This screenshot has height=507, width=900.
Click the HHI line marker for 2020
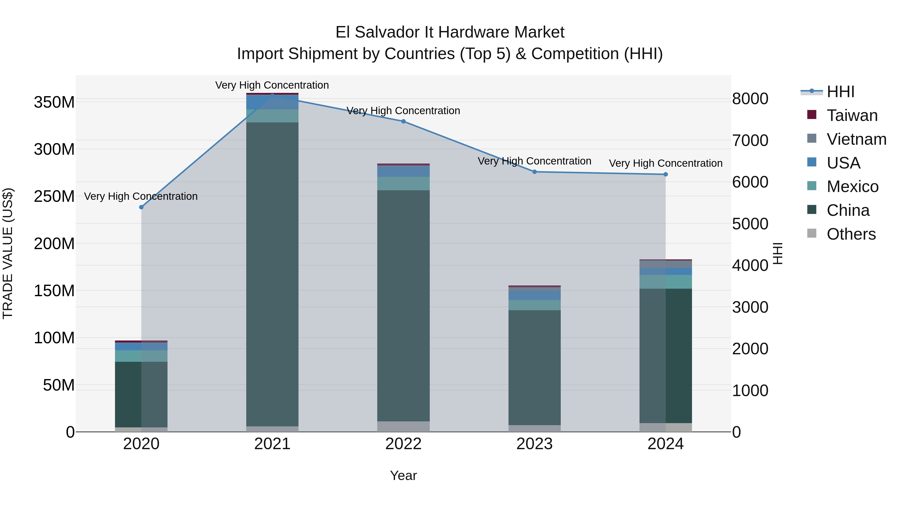coord(141,207)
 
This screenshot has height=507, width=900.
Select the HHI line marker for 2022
coord(403,121)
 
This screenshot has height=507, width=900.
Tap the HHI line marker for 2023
coord(534,172)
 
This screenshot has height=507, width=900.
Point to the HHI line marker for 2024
coord(665,174)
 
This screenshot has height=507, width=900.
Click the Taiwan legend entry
coord(852,115)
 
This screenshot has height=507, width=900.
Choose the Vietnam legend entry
coord(856,139)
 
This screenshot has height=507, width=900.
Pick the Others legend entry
coord(851,234)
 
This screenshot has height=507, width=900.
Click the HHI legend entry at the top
coord(840,92)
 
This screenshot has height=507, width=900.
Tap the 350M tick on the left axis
coord(54,102)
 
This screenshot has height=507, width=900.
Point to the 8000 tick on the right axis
coord(750,99)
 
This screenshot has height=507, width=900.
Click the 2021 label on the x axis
coord(272,444)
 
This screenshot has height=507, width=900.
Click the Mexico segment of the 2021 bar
coord(272,116)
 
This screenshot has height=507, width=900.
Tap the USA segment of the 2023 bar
coord(534,295)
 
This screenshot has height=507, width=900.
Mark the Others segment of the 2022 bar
coord(403,427)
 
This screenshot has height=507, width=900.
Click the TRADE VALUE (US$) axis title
coord(8,253)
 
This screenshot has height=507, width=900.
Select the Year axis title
coord(403,475)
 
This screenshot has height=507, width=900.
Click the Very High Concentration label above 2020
coord(141,196)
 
